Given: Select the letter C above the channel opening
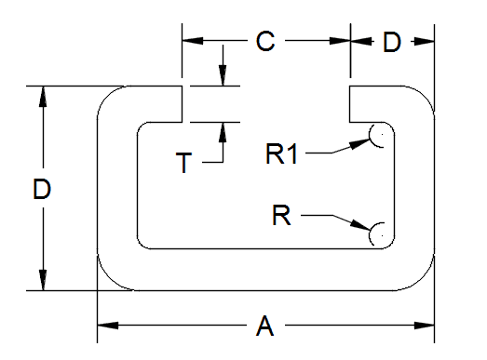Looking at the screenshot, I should pos(265,42).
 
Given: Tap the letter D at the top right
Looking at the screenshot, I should pos(392,42).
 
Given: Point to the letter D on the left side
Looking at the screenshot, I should pos(41,190).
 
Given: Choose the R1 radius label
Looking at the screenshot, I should pos(282,154).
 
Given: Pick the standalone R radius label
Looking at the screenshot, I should pos(281,216).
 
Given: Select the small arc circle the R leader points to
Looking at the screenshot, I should pos(380,233).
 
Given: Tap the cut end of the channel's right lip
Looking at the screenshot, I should pos(351,105).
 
